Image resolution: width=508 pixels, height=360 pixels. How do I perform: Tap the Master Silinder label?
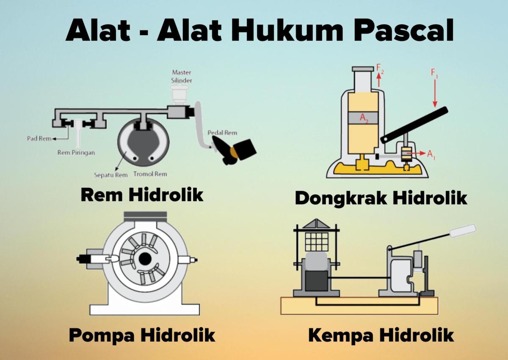(181, 76)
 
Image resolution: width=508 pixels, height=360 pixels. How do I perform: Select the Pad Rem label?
(39, 138)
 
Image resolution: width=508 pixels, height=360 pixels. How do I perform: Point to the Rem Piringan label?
(76, 153)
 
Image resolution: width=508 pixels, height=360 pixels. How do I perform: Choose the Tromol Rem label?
(150, 174)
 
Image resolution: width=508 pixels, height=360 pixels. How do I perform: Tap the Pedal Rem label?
(222, 132)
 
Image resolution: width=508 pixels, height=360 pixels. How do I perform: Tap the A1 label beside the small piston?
(431, 154)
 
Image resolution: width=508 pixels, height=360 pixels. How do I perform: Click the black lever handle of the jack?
(415, 125)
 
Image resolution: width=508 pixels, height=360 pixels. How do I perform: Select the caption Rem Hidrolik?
(142, 195)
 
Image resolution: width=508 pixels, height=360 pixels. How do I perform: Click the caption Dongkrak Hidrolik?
(381, 198)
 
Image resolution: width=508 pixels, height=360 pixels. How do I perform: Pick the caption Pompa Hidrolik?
(142, 335)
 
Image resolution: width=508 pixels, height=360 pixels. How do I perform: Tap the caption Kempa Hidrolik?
(381, 335)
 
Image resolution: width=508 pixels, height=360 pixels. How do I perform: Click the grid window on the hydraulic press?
(317, 241)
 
